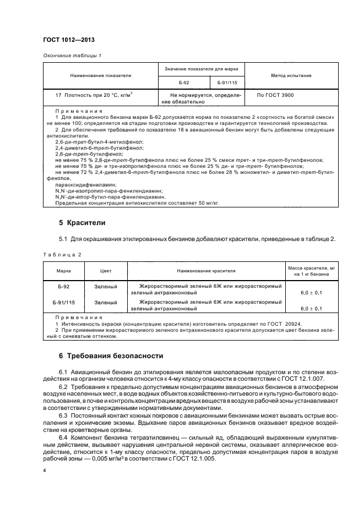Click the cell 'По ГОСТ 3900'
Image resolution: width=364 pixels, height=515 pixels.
276,95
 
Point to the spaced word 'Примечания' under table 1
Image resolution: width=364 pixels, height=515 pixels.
79,111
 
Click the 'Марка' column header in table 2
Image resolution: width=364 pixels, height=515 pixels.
63,271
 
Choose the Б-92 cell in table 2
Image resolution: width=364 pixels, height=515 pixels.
63,287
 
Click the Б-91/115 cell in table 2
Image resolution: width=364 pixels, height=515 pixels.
63,302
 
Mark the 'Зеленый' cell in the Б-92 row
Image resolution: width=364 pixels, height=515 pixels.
105,287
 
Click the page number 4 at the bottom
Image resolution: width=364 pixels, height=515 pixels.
45,471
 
